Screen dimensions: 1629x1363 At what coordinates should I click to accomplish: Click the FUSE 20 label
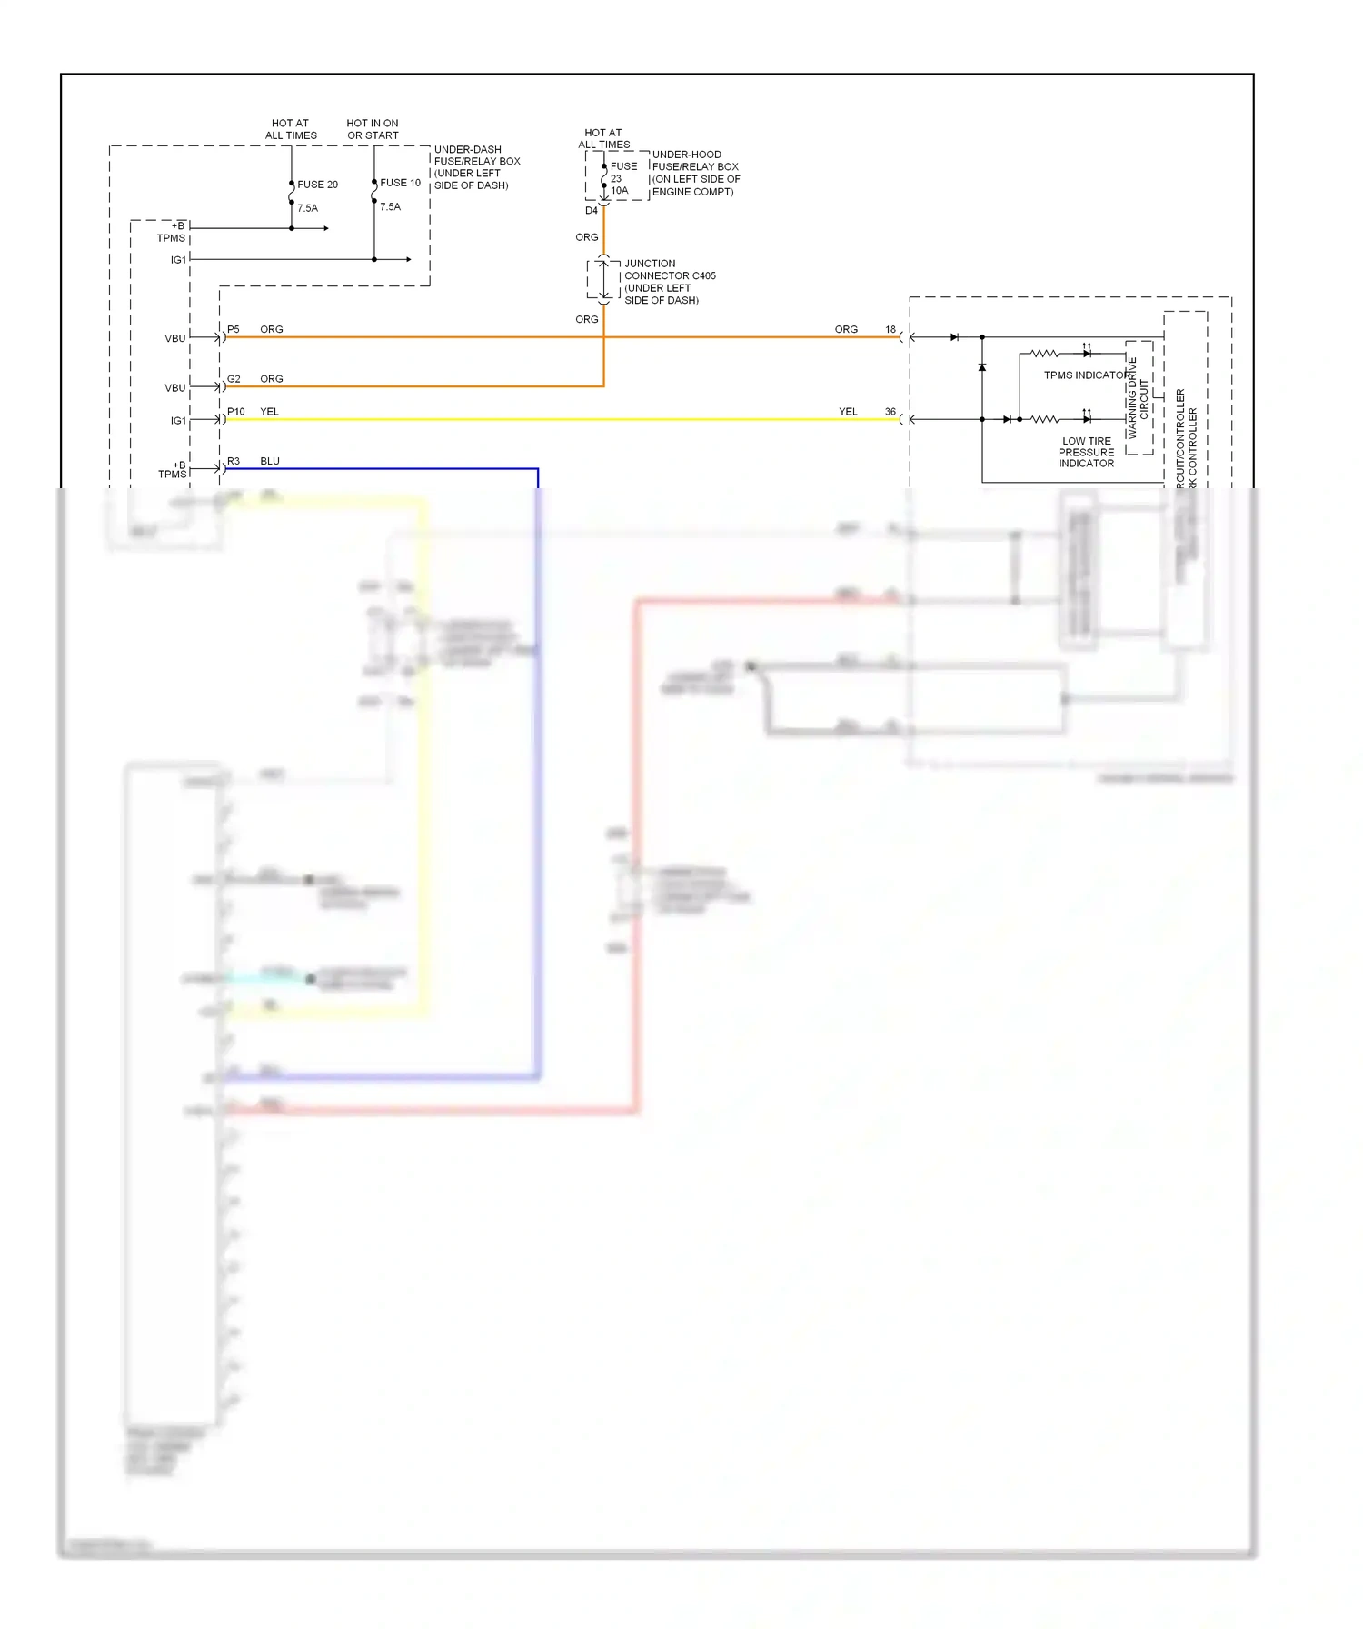click(317, 185)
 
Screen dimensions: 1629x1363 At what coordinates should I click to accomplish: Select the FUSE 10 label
click(400, 183)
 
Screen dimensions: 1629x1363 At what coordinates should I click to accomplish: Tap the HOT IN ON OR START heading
click(373, 129)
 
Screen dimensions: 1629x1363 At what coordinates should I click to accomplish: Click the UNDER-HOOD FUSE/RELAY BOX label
click(695, 173)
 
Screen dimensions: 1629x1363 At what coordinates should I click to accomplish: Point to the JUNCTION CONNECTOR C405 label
click(669, 281)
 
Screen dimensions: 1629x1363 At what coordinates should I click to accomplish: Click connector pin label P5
click(234, 329)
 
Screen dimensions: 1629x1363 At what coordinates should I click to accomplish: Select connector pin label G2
click(234, 379)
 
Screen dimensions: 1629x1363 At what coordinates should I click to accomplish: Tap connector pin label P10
click(236, 412)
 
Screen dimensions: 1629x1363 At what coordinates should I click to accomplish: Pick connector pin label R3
click(234, 461)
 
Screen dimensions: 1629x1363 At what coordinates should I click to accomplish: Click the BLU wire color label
click(270, 461)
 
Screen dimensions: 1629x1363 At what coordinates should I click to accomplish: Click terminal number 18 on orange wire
click(890, 329)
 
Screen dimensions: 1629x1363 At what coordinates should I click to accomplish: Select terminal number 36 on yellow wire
click(890, 412)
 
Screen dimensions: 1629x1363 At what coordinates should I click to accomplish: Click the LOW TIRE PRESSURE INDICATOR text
click(1086, 452)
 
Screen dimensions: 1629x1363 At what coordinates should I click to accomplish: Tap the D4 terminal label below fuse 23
click(592, 211)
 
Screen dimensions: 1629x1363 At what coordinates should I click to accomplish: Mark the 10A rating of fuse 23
click(619, 191)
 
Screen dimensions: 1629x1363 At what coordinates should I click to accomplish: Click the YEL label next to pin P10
click(270, 412)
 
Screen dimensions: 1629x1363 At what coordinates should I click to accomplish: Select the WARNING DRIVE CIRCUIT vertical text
click(1138, 397)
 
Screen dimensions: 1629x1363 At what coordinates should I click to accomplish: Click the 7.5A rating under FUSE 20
click(308, 208)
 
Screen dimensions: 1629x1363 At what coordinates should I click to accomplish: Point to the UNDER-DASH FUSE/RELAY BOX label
click(476, 167)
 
